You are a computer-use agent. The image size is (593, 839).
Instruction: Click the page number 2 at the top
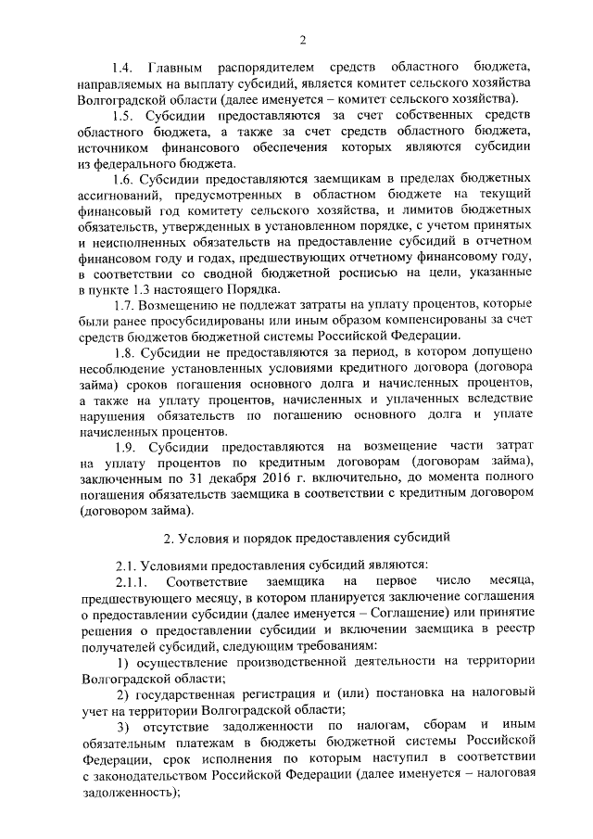point(303,38)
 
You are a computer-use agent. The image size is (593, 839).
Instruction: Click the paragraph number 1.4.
point(124,69)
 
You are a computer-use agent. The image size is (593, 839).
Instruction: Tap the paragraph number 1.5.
point(124,116)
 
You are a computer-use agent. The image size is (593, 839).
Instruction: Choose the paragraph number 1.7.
point(124,307)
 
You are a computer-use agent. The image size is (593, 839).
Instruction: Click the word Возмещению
point(186,307)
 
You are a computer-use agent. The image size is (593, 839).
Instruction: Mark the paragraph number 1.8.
point(124,354)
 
